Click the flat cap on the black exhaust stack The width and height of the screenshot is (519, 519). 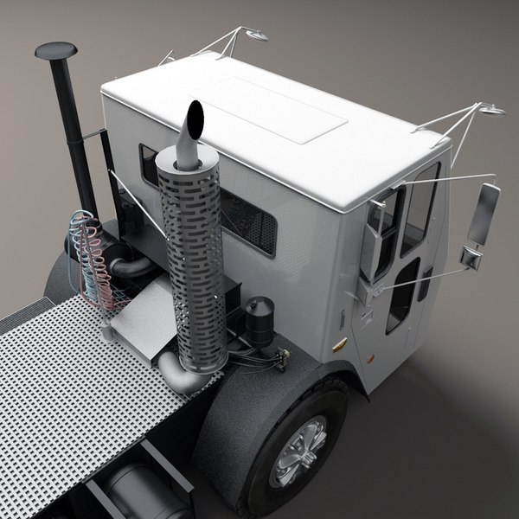(54, 51)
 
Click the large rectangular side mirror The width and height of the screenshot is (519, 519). (484, 214)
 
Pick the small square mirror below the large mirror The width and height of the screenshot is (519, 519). (471, 257)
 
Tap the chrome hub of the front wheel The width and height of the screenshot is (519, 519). (298, 451)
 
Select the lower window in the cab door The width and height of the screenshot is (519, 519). (403, 293)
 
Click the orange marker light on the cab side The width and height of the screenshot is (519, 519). (340, 345)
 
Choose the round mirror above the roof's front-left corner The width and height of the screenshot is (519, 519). (257, 35)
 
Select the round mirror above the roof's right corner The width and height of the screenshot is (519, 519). (493, 110)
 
